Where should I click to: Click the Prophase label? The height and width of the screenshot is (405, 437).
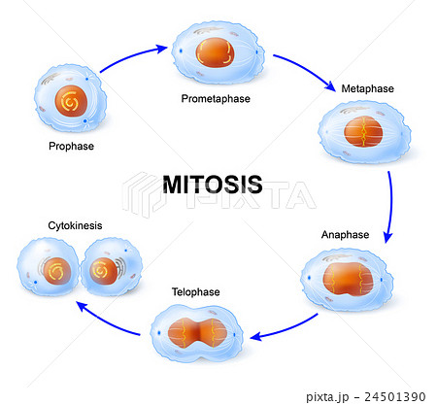coord(70,148)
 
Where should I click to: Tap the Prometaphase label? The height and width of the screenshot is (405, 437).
coord(217,98)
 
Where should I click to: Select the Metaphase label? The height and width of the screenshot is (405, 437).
coord(367,89)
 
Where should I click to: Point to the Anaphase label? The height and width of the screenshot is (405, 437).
coord(346,235)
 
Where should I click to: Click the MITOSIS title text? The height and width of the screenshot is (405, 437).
coord(213,184)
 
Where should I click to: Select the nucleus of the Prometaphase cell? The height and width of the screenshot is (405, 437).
coord(216,51)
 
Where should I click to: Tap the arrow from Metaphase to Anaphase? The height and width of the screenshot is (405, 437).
coord(390,207)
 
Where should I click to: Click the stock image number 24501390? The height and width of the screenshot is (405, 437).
coord(392,396)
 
